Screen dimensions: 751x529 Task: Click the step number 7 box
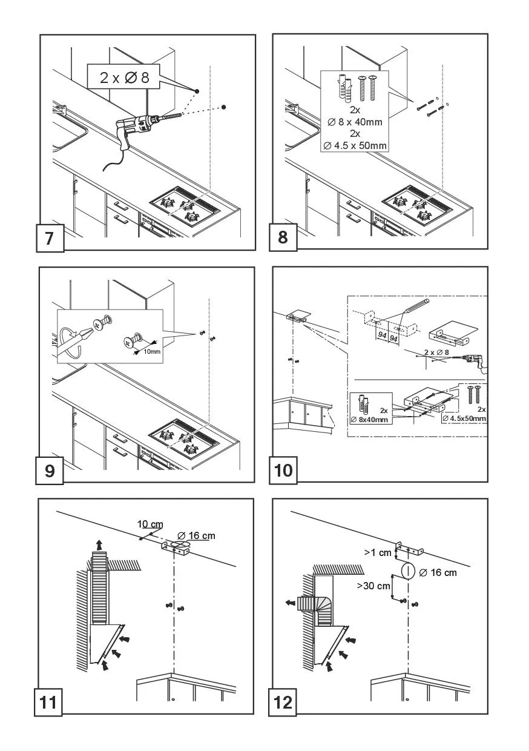pyautogui.click(x=50, y=237)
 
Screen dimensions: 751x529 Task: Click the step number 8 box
pyautogui.click(x=283, y=237)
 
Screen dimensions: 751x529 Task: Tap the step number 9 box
pyautogui.click(x=50, y=471)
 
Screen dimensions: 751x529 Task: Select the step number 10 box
pyautogui.click(x=283, y=470)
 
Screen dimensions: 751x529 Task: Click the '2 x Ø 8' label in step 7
pyautogui.click(x=124, y=78)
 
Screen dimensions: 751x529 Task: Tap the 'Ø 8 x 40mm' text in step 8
pyautogui.click(x=355, y=122)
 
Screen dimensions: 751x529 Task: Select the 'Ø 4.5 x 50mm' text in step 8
pyautogui.click(x=355, y=145)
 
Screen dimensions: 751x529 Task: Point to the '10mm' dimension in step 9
pyautogui.click(x=152, y=351)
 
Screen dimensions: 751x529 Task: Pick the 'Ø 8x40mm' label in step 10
pyautogui.click(x=370, y=419)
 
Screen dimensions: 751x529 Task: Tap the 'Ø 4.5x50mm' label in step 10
pyautogui.click(x=464, y=418)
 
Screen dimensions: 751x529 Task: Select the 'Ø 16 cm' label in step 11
pyautogui.click(x=196, y=535)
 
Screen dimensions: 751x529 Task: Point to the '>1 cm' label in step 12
pyautogui.click(x=378, y=552)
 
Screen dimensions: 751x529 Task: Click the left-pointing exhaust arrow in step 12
pyautogui.click(x=291, y=603)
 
